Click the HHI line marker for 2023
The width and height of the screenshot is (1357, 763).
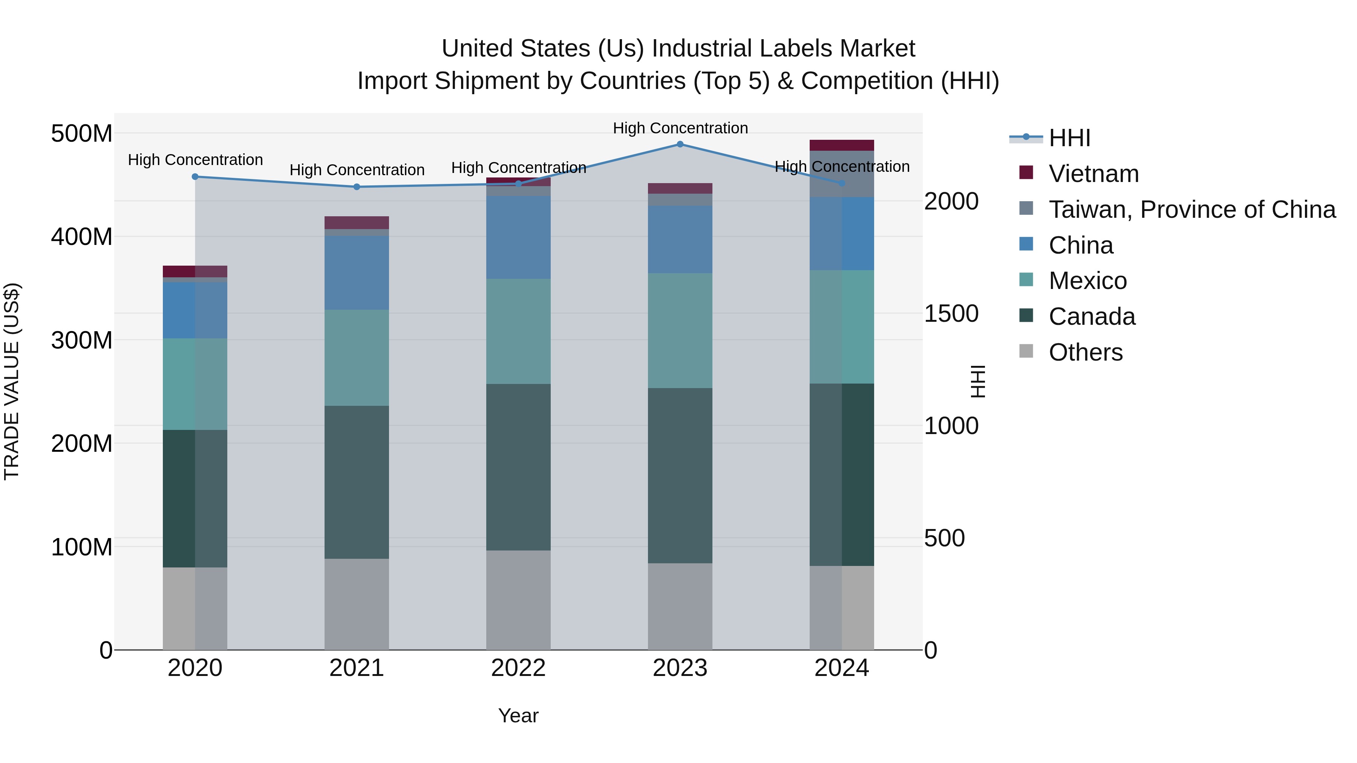680,144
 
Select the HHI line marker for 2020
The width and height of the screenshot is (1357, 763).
195,177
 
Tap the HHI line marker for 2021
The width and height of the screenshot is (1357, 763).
357,187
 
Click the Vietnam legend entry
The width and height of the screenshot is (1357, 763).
1093,174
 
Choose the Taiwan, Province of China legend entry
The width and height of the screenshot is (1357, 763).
1192,209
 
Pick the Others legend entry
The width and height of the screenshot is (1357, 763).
1085,352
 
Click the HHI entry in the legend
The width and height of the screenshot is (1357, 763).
1069,138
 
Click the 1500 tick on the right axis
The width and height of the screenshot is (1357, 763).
951,313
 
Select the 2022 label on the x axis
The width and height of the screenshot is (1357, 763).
518,668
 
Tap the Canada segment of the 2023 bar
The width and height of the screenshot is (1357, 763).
680,476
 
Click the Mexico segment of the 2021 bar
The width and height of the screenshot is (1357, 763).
357,358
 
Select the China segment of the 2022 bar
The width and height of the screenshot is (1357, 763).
518,237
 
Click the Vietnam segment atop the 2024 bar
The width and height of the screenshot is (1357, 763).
841,145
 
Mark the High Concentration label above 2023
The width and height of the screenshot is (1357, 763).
680,128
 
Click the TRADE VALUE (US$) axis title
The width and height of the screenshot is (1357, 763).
12,381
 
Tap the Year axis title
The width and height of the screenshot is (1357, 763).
518,716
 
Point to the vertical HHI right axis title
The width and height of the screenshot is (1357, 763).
978,381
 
